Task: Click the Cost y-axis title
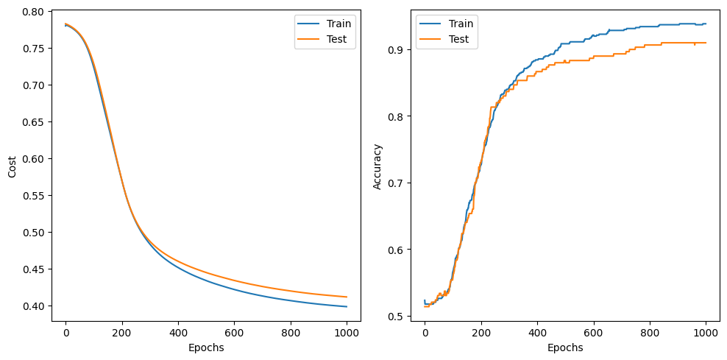tap(12, 166)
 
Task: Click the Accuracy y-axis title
tap(377, 166)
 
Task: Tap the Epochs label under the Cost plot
tap(206, 347)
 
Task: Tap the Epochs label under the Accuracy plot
tap(564, 347)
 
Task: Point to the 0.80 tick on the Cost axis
tap(34, 12)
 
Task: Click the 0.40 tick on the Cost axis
tap(34, 306)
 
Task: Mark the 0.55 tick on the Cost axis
tap(34, 196)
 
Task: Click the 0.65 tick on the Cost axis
tap(34, 122)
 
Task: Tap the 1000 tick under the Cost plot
tap(347, 332)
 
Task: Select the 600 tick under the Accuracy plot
tap(593, 332)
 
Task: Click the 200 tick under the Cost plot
tap(122, 332)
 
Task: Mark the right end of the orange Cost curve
tap(347, 297)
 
